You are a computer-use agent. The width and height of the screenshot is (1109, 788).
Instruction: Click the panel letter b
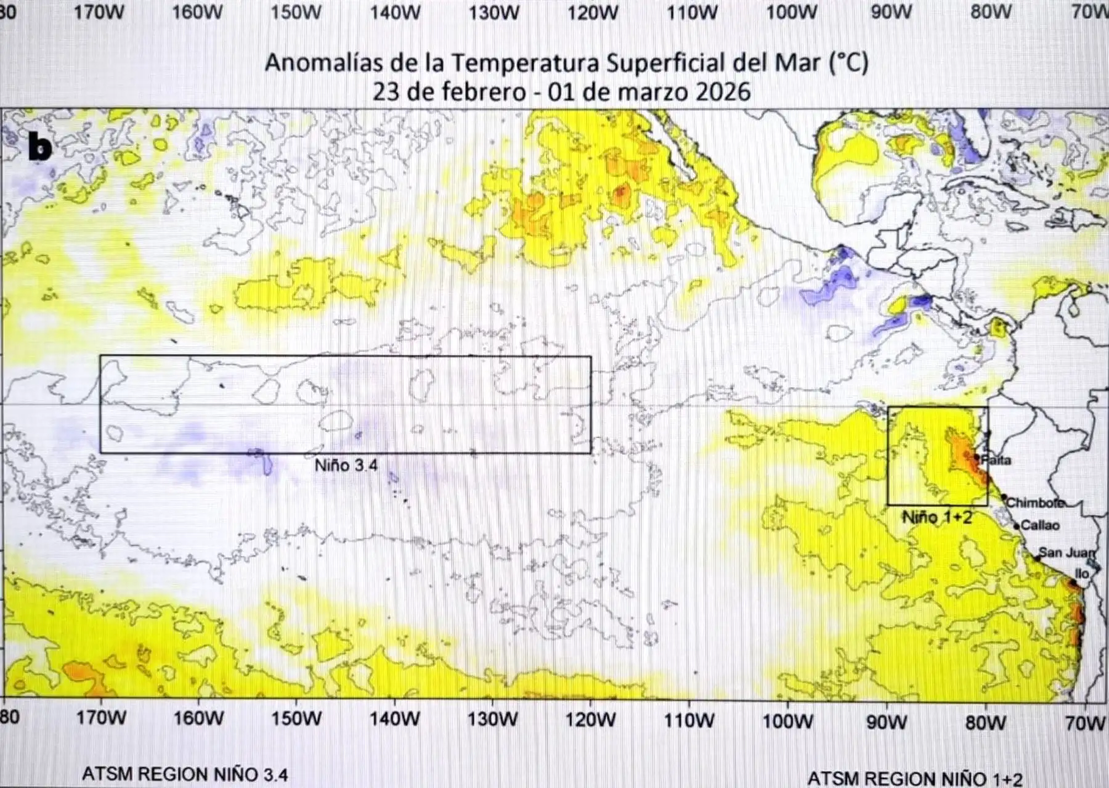pos(40,147)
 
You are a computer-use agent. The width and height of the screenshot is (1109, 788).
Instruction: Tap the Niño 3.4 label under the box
pos(346,466)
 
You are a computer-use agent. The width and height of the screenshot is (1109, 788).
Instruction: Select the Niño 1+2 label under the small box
pos(937,517)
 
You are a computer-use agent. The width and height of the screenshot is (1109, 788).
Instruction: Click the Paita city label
pos(996,460)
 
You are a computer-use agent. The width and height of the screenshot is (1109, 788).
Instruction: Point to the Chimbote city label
pos(1035,503)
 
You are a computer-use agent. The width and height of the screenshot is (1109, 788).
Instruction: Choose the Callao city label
pos(1040,525)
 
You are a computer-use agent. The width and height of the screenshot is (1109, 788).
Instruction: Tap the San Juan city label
pos(1066,552)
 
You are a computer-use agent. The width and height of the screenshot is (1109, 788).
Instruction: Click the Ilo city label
pos(1082,573)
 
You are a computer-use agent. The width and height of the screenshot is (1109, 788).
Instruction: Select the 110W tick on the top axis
pos(692,12)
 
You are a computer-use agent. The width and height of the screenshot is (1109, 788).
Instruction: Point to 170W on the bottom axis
pos(100,718)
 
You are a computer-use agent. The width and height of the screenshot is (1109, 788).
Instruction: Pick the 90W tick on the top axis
pos(890,12)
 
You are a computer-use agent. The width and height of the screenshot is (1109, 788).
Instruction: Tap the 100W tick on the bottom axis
pos(789,720)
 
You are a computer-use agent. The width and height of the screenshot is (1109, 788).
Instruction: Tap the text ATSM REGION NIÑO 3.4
pos(185,774)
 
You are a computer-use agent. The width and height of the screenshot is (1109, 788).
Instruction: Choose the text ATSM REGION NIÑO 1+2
pos(914,779)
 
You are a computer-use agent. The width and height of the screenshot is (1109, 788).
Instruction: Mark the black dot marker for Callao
pos(1017,527)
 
